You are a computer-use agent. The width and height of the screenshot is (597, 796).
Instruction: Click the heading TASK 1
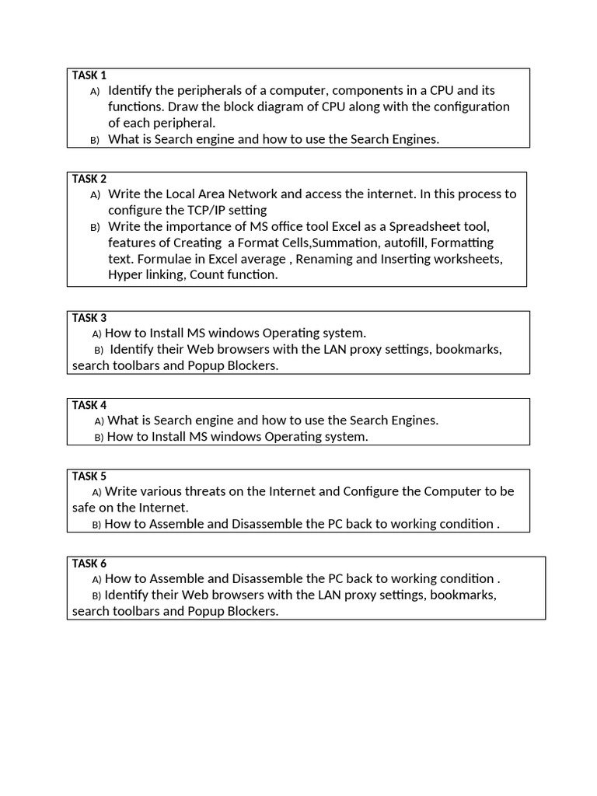[89, 75]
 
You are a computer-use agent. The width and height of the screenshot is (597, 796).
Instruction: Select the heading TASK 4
[89, 405]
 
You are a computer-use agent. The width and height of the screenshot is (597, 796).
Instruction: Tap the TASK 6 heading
[89, 563]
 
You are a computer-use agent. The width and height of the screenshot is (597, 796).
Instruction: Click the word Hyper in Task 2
[124, 274]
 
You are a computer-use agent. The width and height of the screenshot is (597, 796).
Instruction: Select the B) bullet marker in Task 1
[95, 140]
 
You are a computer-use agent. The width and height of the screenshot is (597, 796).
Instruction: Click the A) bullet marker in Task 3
[96, 334]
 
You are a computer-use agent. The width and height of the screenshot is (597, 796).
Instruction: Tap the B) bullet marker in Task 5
[96, 525]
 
